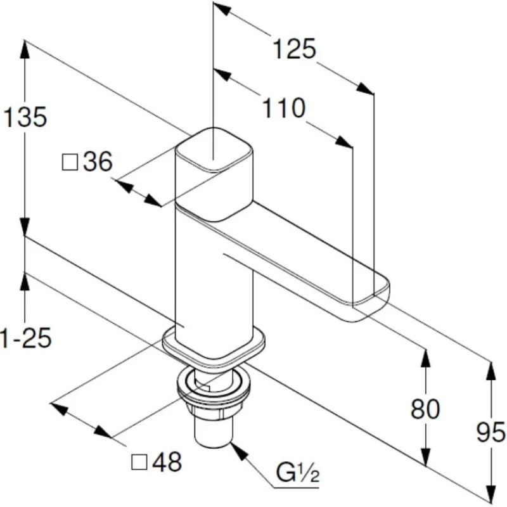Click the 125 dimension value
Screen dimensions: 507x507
(293, 49)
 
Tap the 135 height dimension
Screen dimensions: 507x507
(25, 117)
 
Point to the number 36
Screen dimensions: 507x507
(98, 163)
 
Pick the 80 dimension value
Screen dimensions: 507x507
(425, 409)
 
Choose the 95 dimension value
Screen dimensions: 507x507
(491, 433)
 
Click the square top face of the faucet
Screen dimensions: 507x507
(214, 150)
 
